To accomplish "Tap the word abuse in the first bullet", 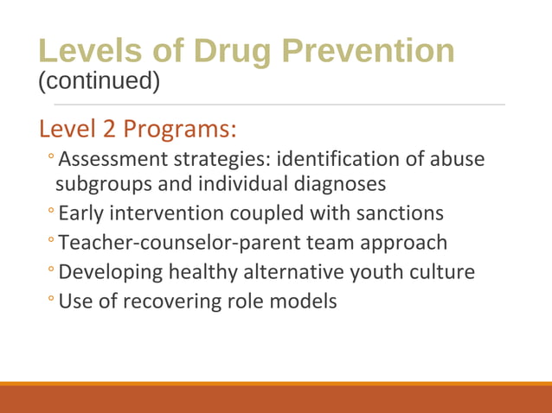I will click(453, 160).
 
